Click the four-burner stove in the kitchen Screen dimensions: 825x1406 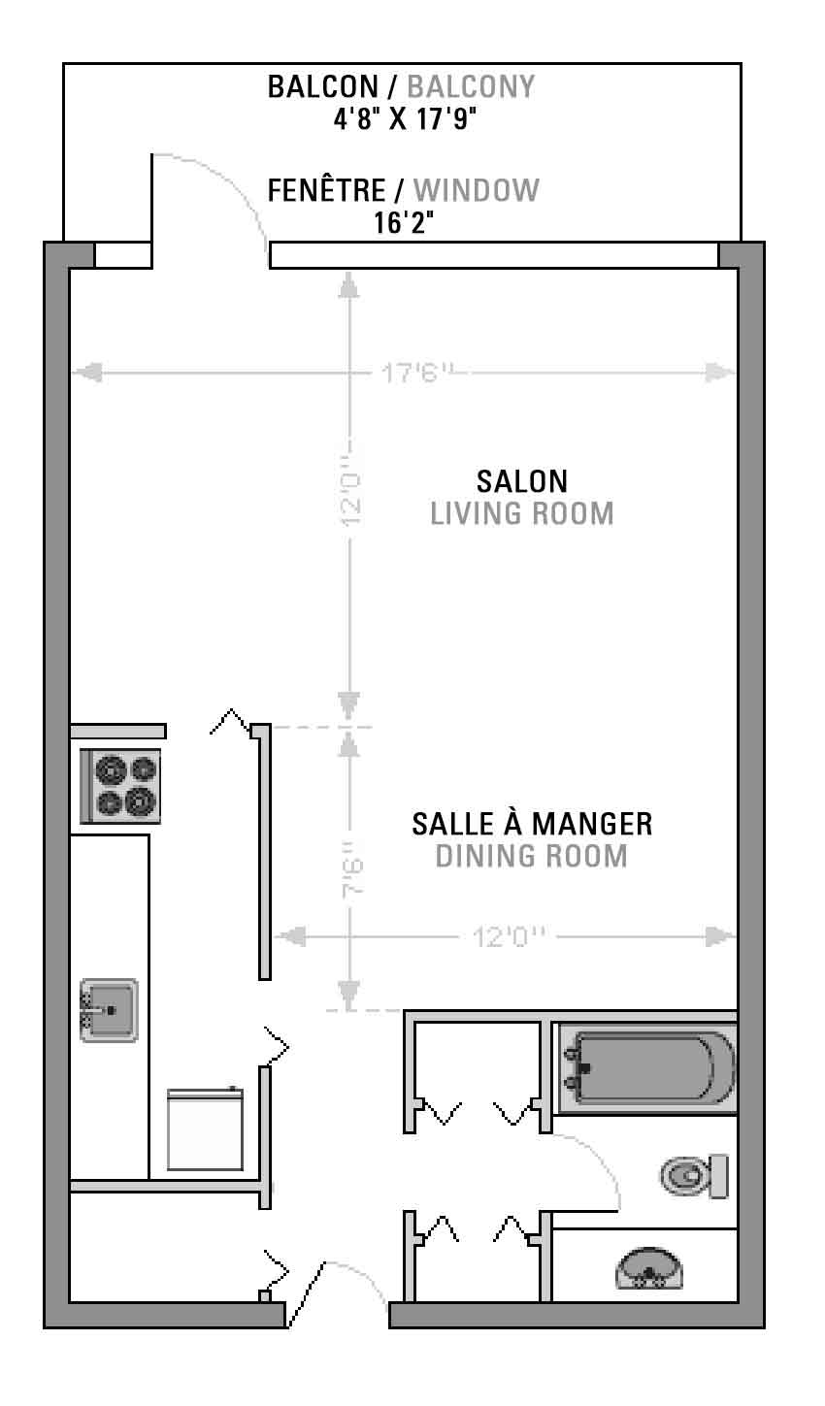[x=120, y=785]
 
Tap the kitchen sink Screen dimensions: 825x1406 [x=109, y=1010]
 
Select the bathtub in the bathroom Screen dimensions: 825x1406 [x=647, y=1067]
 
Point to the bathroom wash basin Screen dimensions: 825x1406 [x=649, y=1268]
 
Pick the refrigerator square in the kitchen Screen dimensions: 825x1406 [x=206, y=1129]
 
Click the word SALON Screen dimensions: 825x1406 [x=522, y=482]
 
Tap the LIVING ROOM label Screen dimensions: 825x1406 [x=522, y=513]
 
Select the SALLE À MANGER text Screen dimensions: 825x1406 [x=532, y=823]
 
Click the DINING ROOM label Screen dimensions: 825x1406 [x=532, y=856]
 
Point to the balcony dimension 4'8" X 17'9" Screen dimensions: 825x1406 [x=405, y=118]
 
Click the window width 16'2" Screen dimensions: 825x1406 [x=405, y=221]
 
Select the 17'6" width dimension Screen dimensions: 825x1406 [x=417, y=373]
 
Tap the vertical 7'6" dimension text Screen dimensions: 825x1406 [x=353, y=868]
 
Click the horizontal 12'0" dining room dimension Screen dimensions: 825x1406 [x=509, y=937]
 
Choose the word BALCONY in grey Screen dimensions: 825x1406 [x=471, y=86]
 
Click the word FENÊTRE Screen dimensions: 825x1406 [x=326, y=190]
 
